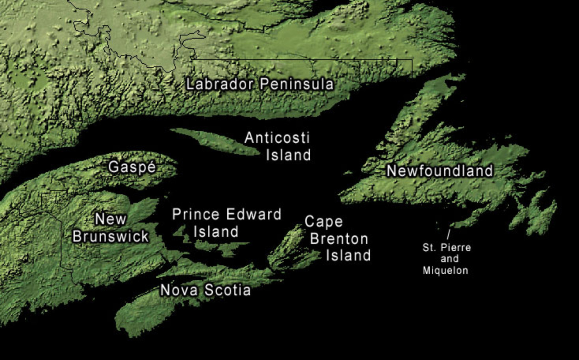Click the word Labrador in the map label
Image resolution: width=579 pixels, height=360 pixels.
pyautogui.click(x=219, y=84)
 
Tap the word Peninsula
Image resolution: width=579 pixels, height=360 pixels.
pyautogui.click(x=297, y=84)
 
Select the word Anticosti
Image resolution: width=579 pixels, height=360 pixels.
pyautogui.click(x=277, y=138)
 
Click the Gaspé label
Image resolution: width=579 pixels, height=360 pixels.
pyautogui.click(x=132, y=167)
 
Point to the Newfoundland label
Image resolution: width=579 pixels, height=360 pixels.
pyautogui.click(x=440, y=171)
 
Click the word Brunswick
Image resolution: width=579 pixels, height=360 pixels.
pyautogui.click(x=111, y=236)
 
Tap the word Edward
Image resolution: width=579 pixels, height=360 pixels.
pyautogui.click(x=254, y=214)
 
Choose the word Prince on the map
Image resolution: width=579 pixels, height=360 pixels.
pyautogui.click(x=196, y=214)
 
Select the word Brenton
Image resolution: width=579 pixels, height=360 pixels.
pyautogui.click(x=339, y=239)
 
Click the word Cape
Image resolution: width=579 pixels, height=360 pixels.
pyautogui.click(x=324, y=222)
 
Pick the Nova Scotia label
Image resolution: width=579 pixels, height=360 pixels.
pyautogui.click(x=205, y=290)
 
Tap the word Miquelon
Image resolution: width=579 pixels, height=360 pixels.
pyautogui.click(x=445, y=270)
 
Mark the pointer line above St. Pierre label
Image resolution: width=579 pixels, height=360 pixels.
pyautogui.click(x=448, y=234)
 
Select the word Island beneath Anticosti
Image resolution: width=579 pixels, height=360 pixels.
pyautogui.click(x=288, y=155)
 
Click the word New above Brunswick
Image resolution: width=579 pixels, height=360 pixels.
pyautogui.click(x=111, y=219)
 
